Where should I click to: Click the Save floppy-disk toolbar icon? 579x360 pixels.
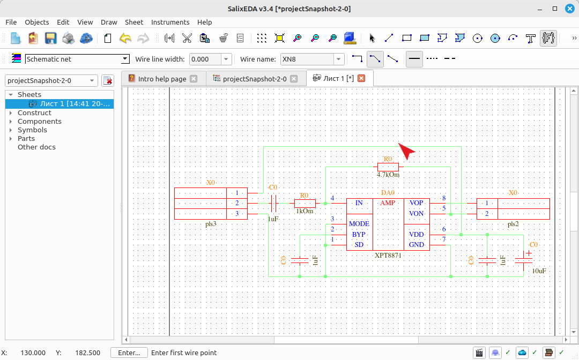coord(50,38)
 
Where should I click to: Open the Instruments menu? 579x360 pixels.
coord(170,22)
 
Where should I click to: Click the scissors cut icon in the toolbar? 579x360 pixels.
coord(187,38)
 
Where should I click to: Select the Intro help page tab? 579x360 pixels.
coord(162,79)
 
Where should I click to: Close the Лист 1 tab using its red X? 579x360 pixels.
coord(361,78)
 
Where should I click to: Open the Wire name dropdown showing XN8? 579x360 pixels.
coord(339,59)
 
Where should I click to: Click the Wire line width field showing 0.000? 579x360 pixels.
coord(205,59)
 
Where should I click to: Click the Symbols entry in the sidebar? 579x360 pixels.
coord(32,130)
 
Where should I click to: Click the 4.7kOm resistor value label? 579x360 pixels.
coord(388,175)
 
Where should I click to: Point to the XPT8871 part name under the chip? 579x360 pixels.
coord(388,255)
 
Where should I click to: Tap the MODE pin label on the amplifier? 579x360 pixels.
coord(359,224)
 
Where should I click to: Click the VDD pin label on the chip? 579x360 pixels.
coord(416,235)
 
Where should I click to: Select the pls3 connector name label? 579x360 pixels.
coord(211,224)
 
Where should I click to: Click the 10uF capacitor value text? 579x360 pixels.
coord(539,271)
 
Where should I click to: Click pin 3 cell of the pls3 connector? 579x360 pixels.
coord(237,214)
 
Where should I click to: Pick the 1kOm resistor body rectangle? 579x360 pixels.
coord(305,203)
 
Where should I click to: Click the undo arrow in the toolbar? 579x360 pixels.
coord(125,38)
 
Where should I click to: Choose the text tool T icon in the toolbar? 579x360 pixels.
coord(531,38)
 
